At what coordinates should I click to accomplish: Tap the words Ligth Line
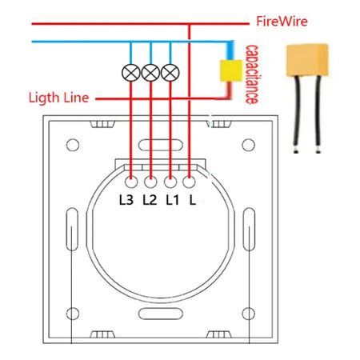point(60,98)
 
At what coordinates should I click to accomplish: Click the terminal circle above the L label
point(189,181)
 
